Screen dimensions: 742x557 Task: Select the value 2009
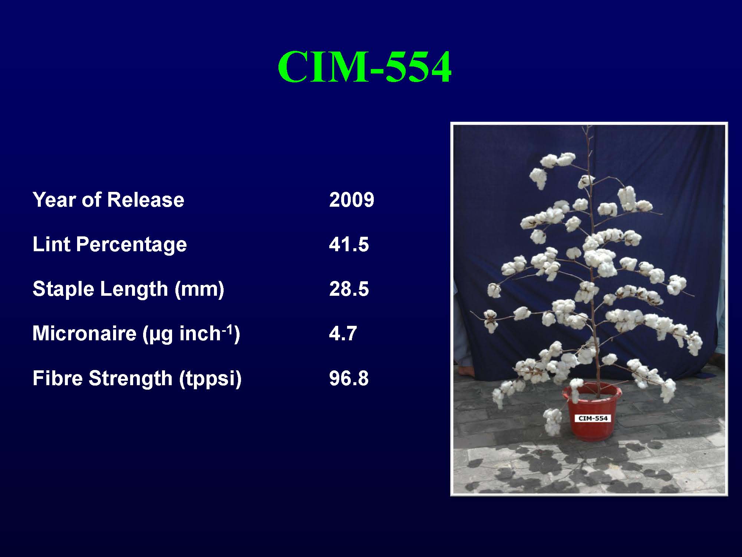(352, 200)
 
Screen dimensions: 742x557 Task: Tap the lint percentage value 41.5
(349, 245)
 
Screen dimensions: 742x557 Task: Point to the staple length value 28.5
(349, 289)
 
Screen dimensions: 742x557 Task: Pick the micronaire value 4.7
(343, 334)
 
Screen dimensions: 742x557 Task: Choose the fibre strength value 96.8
(349, 378)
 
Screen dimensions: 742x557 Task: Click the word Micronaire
(85, 334)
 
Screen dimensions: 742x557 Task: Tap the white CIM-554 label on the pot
(593, 418)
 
